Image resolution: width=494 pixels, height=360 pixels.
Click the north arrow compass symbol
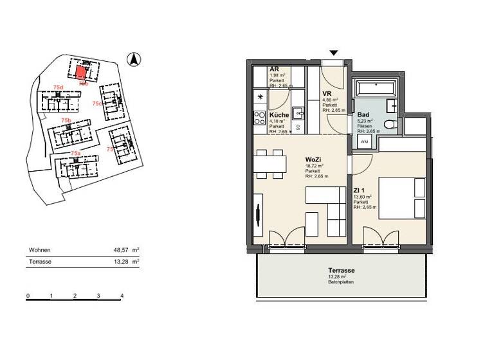pyautogui.click(x=134, y=60)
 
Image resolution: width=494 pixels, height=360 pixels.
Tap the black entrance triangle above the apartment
pyautogui.click(x=333, y=53)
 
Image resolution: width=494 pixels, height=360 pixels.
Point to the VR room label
pyautogui.click(x=326, y=94)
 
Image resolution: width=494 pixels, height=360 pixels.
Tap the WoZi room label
pyautogui.click(x=313, y=158)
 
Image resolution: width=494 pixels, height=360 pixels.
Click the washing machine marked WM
pyautogui.click(x=364, y=141)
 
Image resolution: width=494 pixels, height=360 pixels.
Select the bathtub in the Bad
pyautogui.click(x=376, y=88)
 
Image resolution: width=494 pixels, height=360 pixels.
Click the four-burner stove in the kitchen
pyautogui.click(x=260, y=118)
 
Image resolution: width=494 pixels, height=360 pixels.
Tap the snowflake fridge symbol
pyautogui.click(x=260, y=97)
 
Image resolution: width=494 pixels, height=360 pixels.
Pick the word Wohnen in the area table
pyautogui.click(x=40, y=250)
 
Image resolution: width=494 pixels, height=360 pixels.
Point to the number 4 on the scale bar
pyautogui.click(x=122, y=296)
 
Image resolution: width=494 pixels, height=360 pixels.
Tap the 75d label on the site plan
pyautogui.click(x=59, y=87)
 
